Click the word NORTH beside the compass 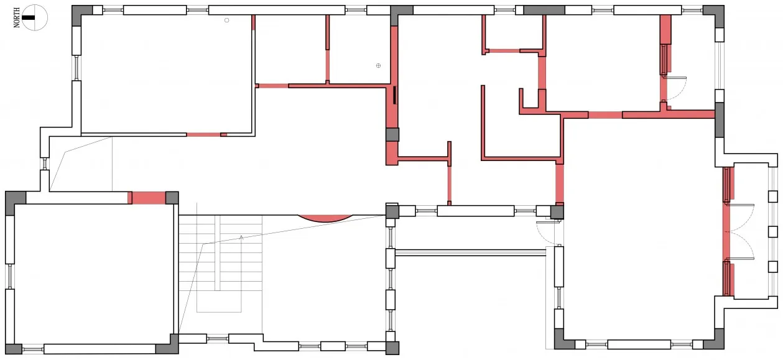16,18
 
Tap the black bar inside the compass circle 29,18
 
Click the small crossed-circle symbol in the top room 378,65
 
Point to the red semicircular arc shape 325,219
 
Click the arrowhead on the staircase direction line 241,238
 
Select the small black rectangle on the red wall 395,95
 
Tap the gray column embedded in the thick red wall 392,134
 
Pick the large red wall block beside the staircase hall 149,198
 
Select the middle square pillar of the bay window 773,232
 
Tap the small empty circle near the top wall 226,21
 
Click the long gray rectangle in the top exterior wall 544,10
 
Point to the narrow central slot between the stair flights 217,252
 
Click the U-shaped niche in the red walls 530,100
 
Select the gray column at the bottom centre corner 392,348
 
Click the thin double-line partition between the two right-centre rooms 471,252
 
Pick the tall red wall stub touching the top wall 665,29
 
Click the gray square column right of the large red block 172,198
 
